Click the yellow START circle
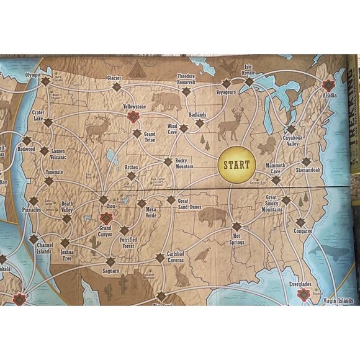(236, 165)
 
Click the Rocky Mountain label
(185, 163)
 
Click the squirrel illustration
(267, 146)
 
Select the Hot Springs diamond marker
(236, 226)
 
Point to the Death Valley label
(66, 207)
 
